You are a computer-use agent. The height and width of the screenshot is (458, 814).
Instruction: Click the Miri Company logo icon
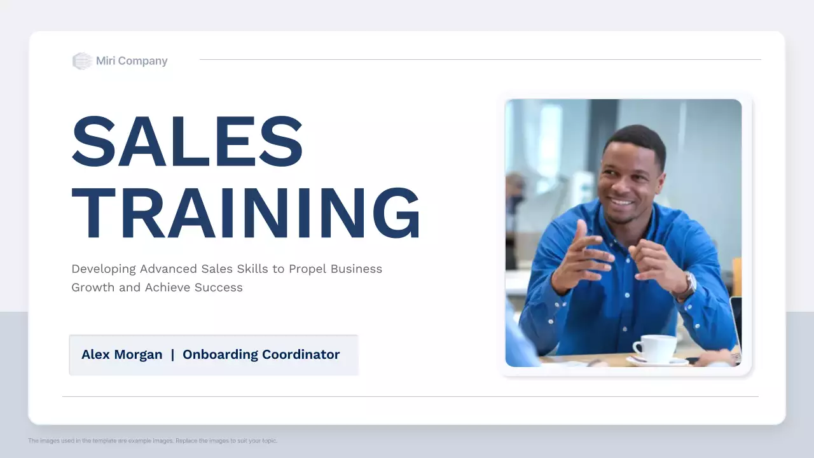point(82,61)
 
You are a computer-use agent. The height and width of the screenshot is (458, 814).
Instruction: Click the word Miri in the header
point(106,61)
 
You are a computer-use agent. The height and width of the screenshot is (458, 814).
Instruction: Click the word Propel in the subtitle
point(308,268)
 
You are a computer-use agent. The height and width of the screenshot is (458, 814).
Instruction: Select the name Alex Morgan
point(122,355)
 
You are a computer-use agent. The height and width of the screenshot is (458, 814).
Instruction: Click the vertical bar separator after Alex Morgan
point(172,355)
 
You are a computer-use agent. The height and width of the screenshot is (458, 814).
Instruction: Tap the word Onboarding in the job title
point(217,355)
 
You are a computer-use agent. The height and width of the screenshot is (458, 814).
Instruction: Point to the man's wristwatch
point(687,286)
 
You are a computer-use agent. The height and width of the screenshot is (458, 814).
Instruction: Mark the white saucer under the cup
point(657,361)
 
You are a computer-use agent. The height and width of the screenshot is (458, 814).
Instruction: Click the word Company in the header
point(142,61)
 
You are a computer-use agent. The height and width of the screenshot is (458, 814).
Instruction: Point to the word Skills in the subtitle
point(252,268)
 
